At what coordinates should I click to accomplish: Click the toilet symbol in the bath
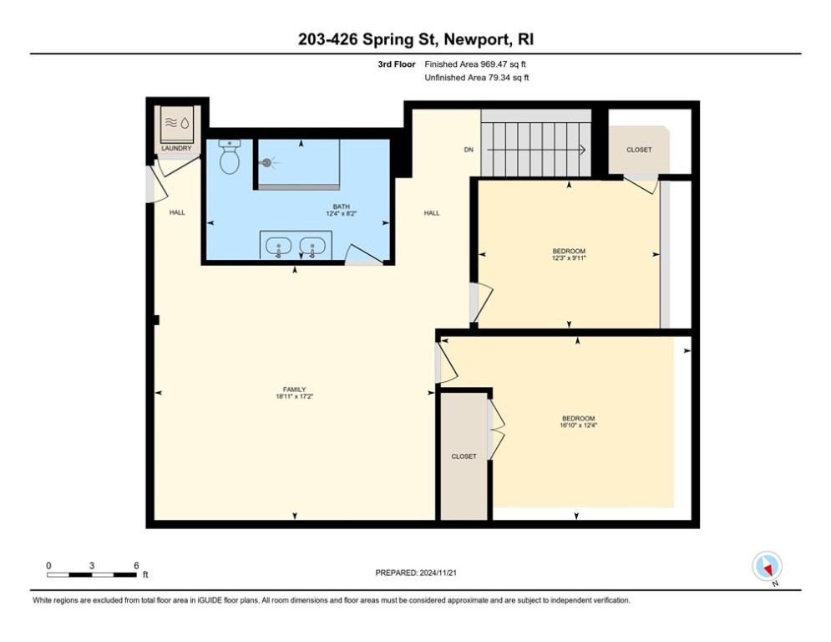230,157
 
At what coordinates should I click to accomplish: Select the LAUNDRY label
176,149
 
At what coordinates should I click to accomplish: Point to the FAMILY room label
294,389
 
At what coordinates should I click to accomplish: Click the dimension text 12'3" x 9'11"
570,258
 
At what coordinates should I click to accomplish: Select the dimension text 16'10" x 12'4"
578,425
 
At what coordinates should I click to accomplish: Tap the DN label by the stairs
469,150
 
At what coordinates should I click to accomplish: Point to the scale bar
92,574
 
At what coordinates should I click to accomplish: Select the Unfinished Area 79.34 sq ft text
477,78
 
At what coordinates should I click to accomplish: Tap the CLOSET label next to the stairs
639,150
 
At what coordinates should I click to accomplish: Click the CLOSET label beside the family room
464,456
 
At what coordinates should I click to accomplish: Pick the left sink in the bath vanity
278,247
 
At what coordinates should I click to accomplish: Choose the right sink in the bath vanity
313,247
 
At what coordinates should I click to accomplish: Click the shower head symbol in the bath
266,164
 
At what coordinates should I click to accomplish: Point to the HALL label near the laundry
177,212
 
